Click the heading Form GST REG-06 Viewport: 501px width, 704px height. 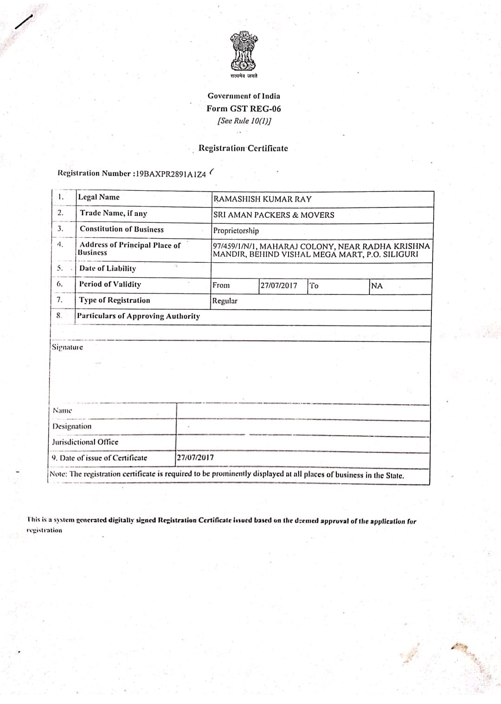point(244,109)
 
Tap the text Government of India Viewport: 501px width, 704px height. point(244,96)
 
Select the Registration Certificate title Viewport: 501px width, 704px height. point(243,149)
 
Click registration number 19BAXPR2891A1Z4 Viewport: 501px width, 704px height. point(170,174)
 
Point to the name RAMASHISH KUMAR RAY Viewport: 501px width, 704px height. point(262,199)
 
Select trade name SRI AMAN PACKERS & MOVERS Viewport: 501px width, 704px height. point(273,215)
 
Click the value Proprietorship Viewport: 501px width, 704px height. point(236,231)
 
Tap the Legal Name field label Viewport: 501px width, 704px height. point(99,197)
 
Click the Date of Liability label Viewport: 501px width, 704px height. point(108,268)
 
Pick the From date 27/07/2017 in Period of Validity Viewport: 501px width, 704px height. point(278,286)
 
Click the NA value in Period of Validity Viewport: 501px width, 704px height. point(377,286)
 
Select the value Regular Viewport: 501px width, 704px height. point(225,301)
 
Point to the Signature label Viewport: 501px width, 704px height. point(67,347)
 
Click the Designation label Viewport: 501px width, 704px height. point(72,426)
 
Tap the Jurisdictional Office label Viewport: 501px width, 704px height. point(85,442)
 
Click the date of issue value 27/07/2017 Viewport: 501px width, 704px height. point(195,457)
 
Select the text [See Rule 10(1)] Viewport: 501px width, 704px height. point(244,121)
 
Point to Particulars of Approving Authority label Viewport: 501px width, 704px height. point(139,316)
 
